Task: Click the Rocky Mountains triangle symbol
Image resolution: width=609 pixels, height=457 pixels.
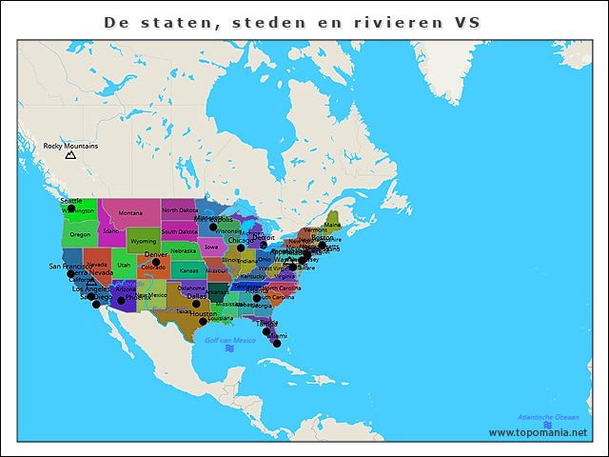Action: [70, 154]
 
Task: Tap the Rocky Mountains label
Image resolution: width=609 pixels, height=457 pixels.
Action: [70, 146]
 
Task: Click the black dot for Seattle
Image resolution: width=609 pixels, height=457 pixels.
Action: [70, 209]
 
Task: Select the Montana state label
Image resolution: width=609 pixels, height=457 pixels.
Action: [130, 213]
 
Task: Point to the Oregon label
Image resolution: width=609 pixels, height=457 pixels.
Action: [80, 234]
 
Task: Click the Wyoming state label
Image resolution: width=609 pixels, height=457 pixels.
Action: [143, 242]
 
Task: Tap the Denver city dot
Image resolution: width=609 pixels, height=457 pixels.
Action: [156, 262]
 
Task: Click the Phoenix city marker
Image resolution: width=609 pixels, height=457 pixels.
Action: [121, 302]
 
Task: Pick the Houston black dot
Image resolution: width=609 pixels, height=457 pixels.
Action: [203, 321]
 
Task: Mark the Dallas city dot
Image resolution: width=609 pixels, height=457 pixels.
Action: [196, 304]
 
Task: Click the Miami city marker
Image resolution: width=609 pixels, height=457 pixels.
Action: [276, 343]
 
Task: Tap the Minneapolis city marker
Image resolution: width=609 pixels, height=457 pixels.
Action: [213, 227]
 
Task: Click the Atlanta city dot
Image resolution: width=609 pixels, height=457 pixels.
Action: [256, 298]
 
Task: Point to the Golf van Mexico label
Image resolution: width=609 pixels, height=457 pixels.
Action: [230, 340]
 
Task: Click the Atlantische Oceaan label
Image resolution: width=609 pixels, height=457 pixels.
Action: [547, 417]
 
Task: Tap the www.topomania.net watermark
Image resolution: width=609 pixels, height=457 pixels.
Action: [538, 432]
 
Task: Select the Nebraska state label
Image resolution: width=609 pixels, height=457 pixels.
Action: [184, 251]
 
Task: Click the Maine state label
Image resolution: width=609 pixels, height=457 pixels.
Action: [332, 225]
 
